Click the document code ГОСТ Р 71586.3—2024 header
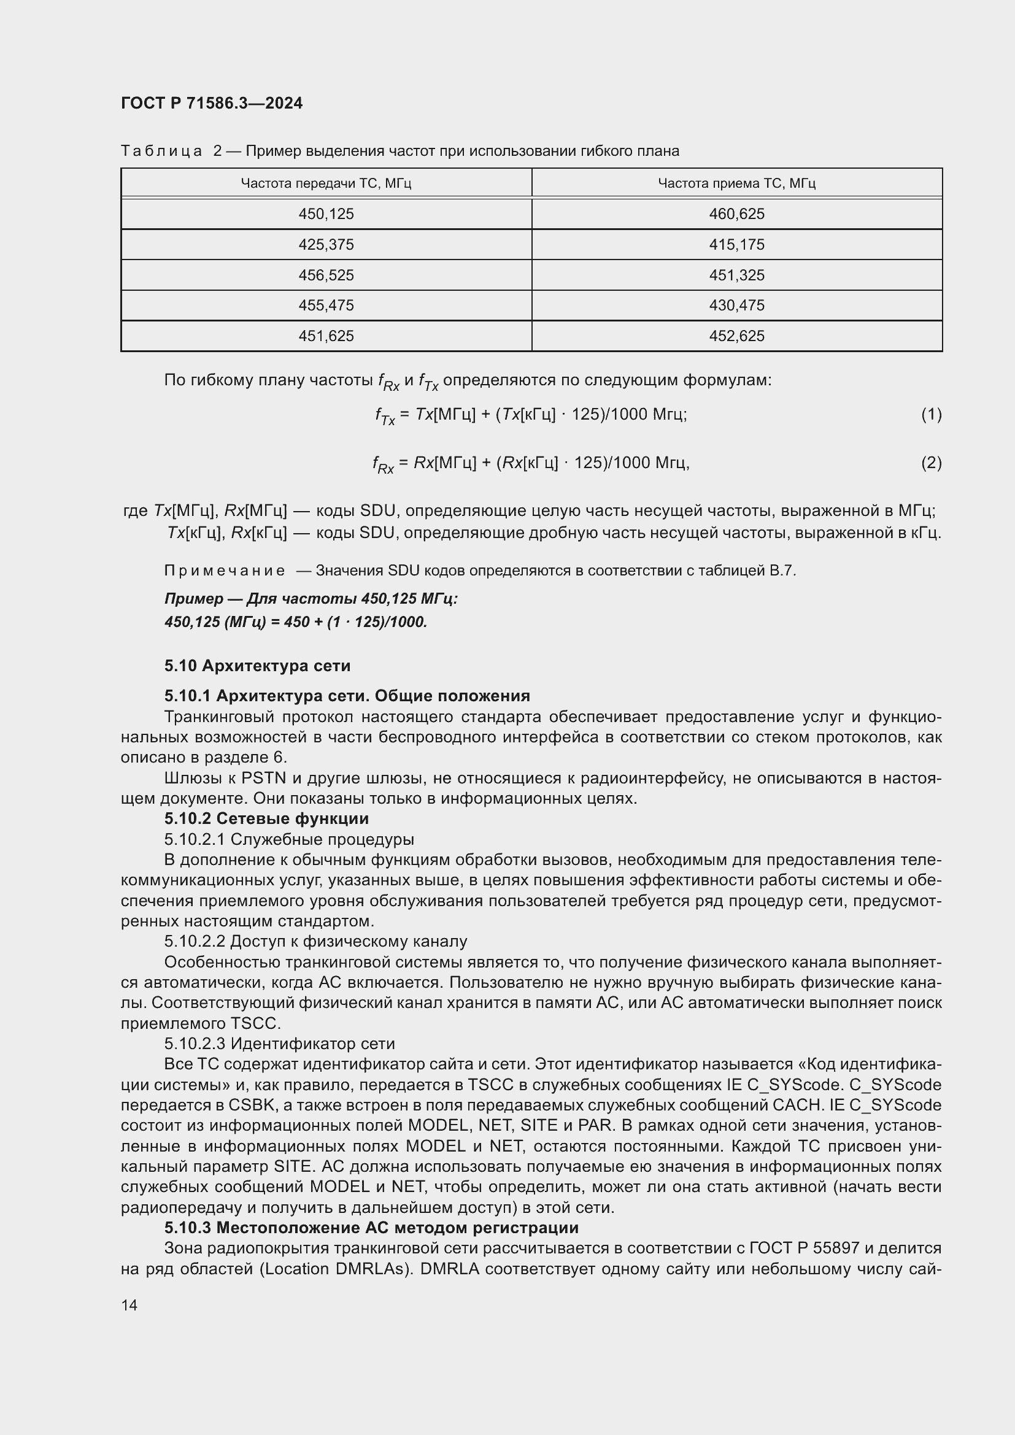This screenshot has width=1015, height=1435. [x=211, y=103]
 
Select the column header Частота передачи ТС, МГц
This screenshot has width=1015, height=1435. [x=326, y=183]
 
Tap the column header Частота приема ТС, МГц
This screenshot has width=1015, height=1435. [x=736, y=183]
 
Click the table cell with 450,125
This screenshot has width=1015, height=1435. [x=326, y=214]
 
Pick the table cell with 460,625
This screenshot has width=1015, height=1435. [x=736, y=214]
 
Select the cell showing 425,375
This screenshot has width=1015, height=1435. [x=326, y=244]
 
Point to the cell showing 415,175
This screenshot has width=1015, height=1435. [x=736, y=244]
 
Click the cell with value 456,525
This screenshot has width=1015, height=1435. [x=326, y=275]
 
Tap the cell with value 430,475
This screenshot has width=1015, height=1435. [x=736, y=305]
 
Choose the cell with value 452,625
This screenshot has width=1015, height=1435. [x=736, y=336]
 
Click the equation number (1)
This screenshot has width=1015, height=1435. [x=931, y=414]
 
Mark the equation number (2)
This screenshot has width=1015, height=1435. [x=931, y=463]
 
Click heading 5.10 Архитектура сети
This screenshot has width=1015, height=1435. [x=257, y=666]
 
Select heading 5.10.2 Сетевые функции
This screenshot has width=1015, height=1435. [x=266, y=818]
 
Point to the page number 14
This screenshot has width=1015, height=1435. [x=129, y=1305]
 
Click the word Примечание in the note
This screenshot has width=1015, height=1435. [x=225, y=571]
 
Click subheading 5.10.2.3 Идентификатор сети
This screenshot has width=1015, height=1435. [x=279, y=1044]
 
